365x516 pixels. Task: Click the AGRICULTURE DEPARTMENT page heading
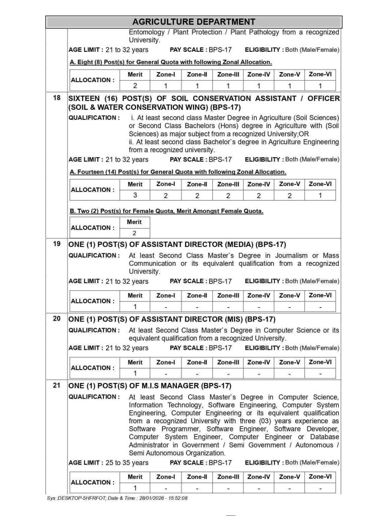194,22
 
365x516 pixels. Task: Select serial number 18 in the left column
57,98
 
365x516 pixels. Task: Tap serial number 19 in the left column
57,244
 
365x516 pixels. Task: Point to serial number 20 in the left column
57,319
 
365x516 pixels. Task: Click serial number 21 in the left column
57,386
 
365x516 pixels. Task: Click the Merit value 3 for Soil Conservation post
135,196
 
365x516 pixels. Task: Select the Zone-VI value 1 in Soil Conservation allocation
320,196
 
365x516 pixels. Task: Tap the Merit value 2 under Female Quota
135,233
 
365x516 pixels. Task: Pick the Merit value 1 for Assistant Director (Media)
135,307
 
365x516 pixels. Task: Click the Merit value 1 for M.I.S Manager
135,488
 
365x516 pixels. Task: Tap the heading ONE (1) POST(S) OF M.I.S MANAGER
150,386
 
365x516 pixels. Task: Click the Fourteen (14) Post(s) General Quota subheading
178,172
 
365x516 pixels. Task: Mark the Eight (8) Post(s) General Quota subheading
171,62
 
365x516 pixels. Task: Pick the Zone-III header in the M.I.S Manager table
228,477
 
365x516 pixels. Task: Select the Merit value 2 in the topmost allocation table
135,86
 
